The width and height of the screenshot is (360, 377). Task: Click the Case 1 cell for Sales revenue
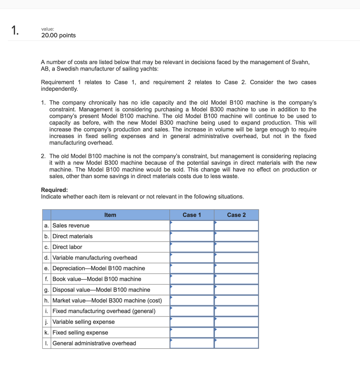coord(192,225)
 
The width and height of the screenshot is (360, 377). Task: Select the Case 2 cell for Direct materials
coord(236,236)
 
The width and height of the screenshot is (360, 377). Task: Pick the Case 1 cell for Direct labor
coord(192,247)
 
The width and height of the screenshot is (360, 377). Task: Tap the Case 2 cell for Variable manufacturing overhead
coord(236,258)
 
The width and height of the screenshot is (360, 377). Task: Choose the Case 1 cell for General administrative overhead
coord(192,343)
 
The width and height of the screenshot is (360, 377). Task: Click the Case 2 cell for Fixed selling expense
coord(236,332)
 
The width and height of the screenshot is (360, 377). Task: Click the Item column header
coord(110,215)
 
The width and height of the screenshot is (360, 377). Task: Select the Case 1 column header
coord(192,215)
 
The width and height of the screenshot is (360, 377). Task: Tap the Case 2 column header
coord(236,215)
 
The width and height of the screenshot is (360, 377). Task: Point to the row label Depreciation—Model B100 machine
coord(99,268)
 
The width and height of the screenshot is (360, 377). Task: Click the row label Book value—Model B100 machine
coord(97,279)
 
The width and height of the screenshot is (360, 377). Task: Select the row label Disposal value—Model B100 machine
coord(101,290)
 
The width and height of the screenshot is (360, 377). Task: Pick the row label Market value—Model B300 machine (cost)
coord(107,300)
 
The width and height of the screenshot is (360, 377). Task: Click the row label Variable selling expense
coord(83,322)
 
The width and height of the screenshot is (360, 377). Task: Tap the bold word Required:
coord(54,190)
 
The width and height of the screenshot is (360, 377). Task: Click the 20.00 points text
coord(58,35)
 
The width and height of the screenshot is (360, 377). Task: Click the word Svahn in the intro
coord(301,62)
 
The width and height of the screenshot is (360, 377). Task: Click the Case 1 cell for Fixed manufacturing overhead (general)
coord(192,311)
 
